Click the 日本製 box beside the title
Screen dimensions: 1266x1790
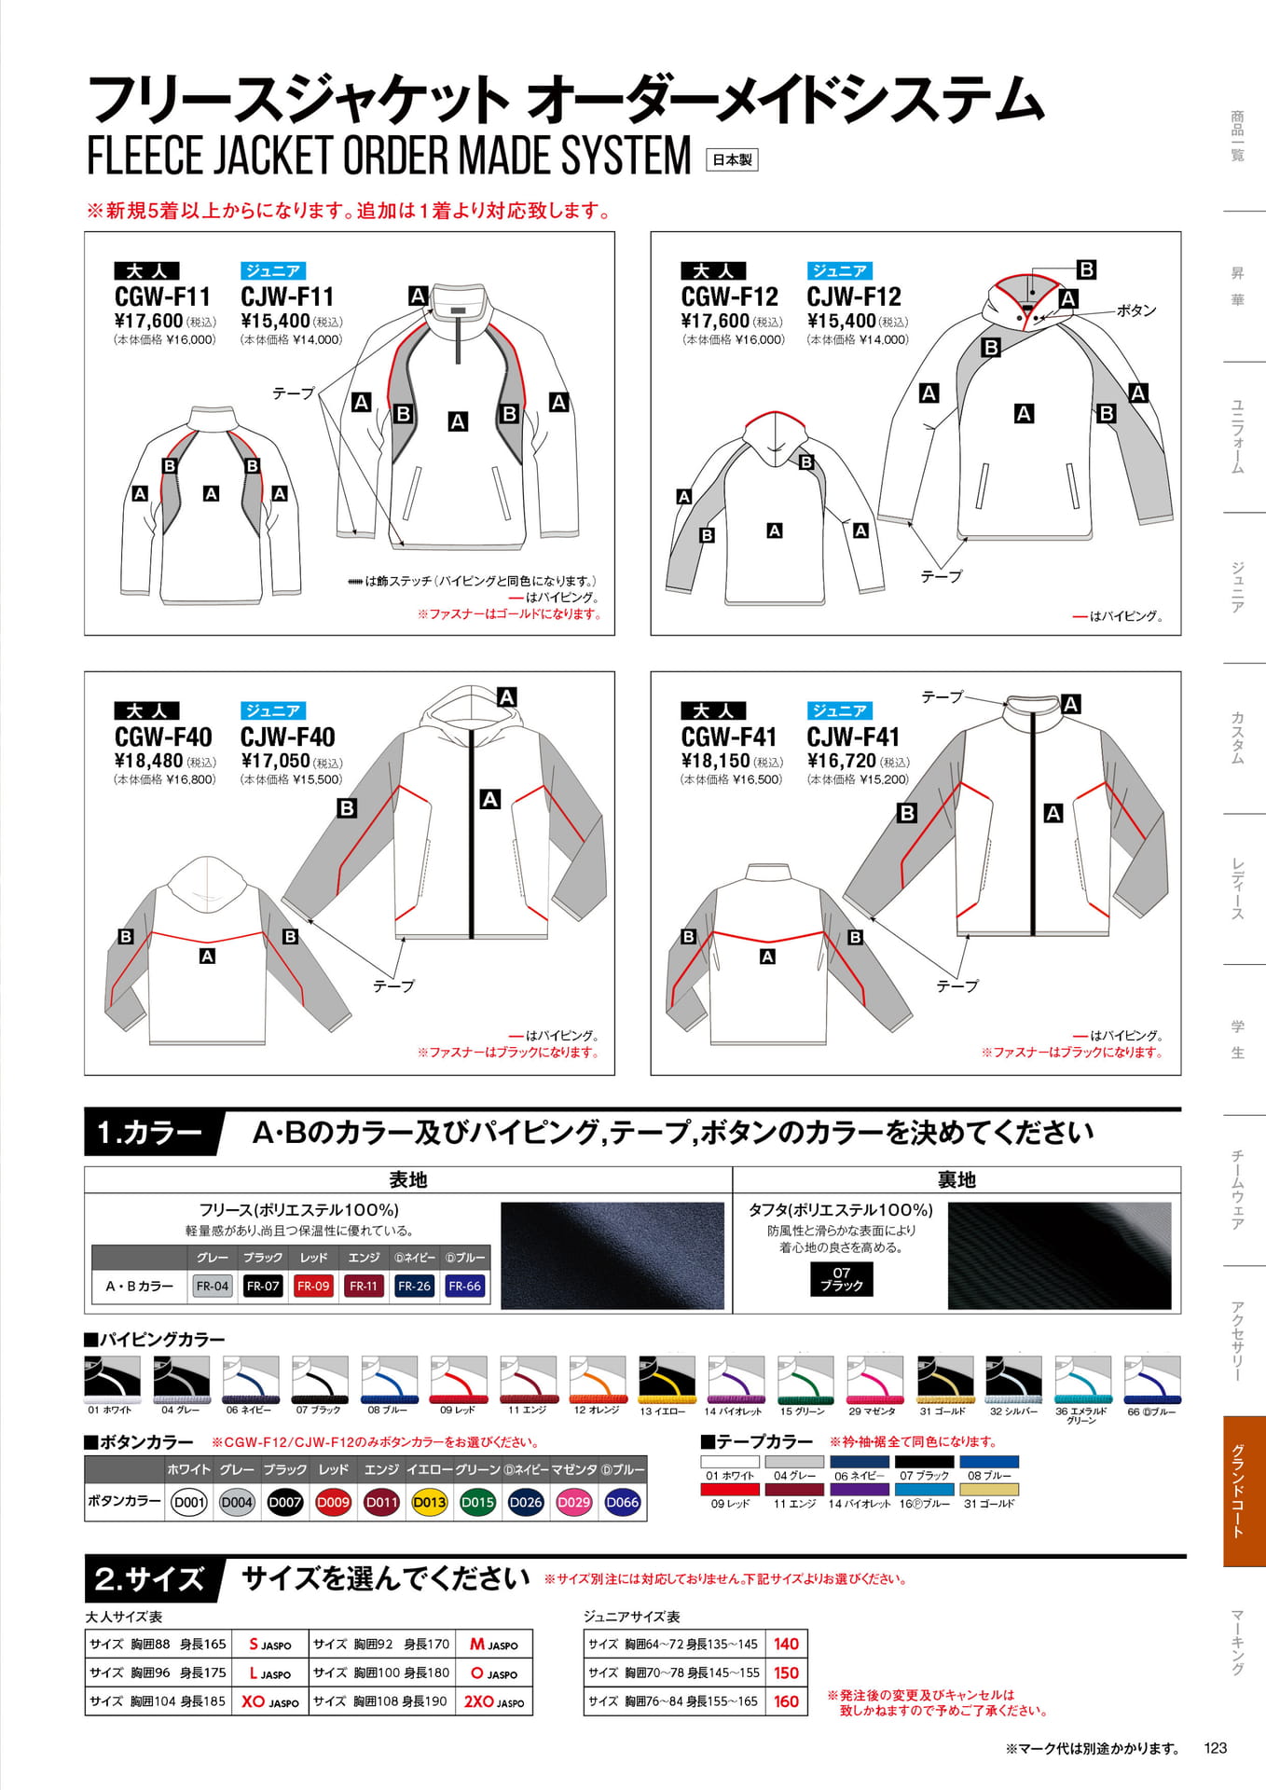732,160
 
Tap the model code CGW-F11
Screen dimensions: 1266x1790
163,296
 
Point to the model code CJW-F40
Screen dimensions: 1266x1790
287,737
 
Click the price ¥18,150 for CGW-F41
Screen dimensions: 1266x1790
714,761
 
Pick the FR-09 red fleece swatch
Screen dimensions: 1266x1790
313,1286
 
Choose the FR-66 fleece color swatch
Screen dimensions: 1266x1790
464,1286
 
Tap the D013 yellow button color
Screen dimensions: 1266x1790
429,1502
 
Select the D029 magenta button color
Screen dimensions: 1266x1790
573,1502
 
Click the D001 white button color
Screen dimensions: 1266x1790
189,1502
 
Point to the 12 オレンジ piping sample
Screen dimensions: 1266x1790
597,1380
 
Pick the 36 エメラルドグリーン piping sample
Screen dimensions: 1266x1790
1082,1380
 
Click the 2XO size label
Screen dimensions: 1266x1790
494,1701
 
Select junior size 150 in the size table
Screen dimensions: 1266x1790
786,1673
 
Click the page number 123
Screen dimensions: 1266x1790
1216,1748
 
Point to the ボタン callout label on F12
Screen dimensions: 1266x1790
1136,310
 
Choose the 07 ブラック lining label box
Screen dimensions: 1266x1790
842,1279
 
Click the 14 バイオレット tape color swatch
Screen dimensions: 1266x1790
860,1490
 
